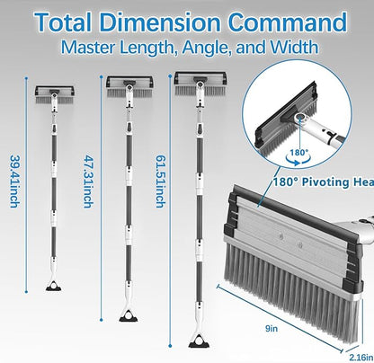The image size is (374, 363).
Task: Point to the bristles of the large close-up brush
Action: pos(288,270)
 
